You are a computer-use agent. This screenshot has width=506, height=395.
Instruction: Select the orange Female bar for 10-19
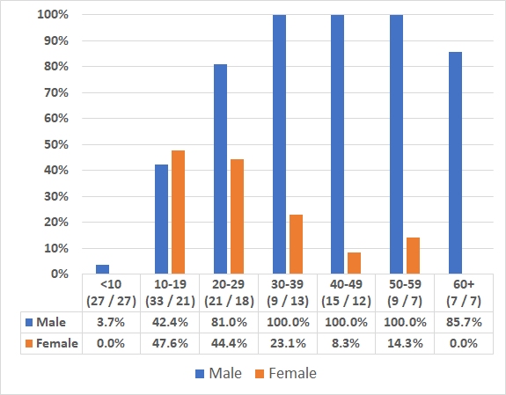(x=179, y=212)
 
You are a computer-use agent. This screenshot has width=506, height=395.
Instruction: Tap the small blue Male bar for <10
(x=102, y=269)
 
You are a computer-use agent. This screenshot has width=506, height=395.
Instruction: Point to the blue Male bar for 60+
(x=455, y=163)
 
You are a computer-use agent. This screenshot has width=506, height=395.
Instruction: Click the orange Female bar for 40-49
(x=355, y=263)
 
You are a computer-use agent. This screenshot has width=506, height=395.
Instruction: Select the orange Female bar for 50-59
(x=414, y=255)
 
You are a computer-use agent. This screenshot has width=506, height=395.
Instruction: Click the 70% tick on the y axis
(x=56, y=92)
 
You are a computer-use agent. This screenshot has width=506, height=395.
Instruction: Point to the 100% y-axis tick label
(x=54, y=15)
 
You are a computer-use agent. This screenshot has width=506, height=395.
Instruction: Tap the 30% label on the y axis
(x=56, y=196)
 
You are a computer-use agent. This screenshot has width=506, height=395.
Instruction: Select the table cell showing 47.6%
(x=169, y=343)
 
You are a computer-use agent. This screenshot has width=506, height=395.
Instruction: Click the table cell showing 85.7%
(x=462, y=322)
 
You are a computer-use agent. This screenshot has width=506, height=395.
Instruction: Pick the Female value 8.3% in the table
(x=345, y=343)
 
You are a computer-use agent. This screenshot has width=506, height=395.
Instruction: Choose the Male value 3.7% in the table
(x=110, y=322)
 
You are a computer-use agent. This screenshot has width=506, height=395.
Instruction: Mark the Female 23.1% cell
(x=286, y=343)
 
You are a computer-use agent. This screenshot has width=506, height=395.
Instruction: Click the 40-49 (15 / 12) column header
(x=345, y=293)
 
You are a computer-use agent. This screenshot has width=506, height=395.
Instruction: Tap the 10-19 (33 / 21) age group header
(x=169, y=293)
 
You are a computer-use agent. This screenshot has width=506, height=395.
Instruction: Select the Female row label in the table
(x=51, y=343)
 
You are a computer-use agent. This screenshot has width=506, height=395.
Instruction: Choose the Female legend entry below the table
(x=284, y=373)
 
